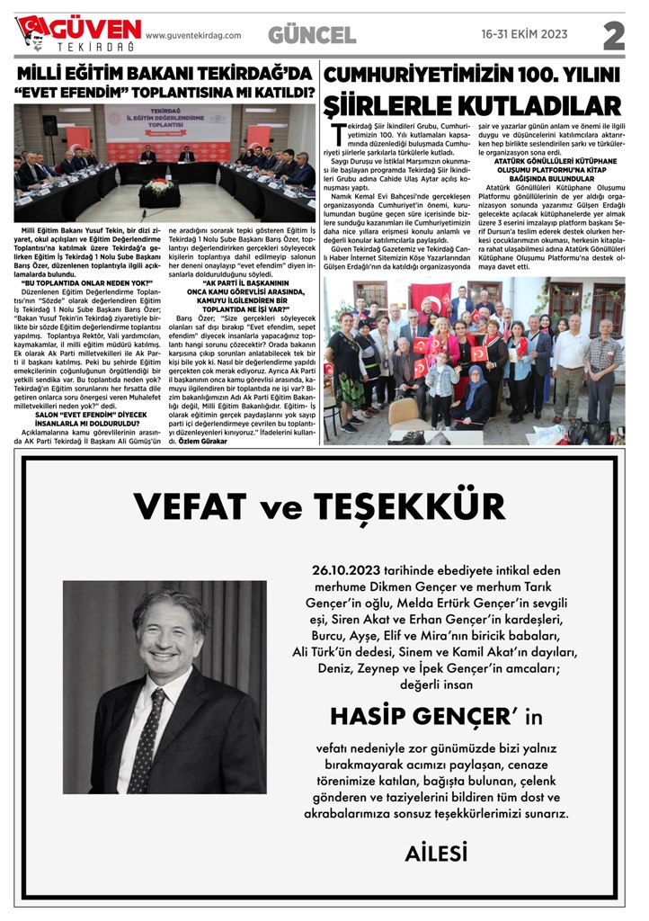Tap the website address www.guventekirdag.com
pos(193,36)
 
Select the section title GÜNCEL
pos(311,35)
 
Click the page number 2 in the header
pos(613,36)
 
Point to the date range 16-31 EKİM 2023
pos(525,35)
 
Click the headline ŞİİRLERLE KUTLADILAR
pos(473,105)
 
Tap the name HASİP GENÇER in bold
pos(421,716)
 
